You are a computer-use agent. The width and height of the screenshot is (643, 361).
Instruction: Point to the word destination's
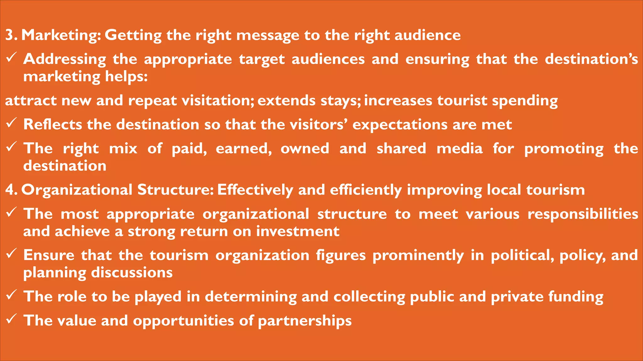click(591, 59)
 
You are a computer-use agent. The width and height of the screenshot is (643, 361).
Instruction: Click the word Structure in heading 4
click(176, 190)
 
